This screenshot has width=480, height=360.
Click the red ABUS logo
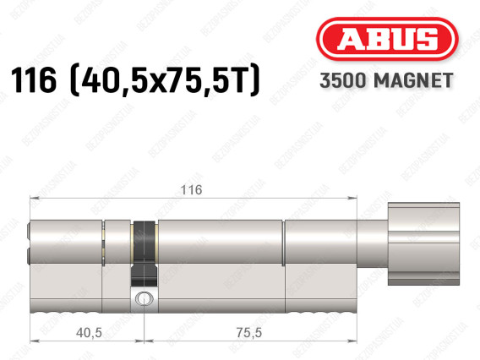[387, 39]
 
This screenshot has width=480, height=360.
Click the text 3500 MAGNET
[386, 80]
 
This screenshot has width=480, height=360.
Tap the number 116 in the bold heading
[34, 80]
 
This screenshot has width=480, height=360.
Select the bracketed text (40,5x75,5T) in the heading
[166, 80]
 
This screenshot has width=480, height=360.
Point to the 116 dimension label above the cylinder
[191, 190]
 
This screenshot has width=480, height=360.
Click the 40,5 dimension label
[89, 333]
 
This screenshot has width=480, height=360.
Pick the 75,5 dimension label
[249, 333]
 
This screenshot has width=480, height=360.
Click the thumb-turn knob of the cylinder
[423, 243]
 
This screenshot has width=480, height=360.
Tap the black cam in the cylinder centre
[144, 254]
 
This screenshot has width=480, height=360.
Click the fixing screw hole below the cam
[144, 297]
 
